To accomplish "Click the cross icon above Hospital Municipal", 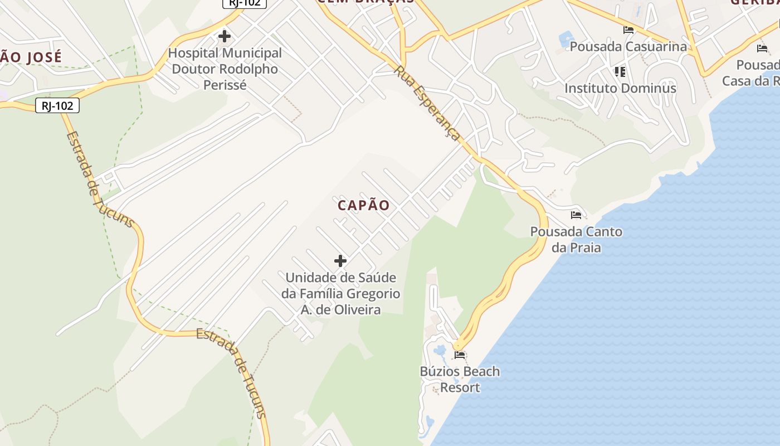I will (225, 37).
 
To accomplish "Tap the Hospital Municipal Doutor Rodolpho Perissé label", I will (225, 69).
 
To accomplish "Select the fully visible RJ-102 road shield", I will (57, 105).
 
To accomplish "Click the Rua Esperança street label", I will (427, 104).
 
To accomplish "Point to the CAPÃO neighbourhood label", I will (364, 205).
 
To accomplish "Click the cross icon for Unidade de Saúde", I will (340, 260).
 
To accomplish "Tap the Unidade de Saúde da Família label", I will (341, 293).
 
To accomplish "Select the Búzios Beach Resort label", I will (460, 379).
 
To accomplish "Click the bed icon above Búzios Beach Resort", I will (460, 355).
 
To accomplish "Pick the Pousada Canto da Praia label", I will (576, 239).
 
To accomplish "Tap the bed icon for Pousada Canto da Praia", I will (576, 215).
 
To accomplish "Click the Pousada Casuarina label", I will (628, 46).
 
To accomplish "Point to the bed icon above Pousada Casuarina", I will (628, 30).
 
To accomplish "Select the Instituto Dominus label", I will (620, 88).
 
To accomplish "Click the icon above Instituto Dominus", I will (620, 71).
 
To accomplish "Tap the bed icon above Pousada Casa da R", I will (762, 49).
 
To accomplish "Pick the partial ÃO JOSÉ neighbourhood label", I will (31, 56).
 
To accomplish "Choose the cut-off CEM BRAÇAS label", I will (366, 2).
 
